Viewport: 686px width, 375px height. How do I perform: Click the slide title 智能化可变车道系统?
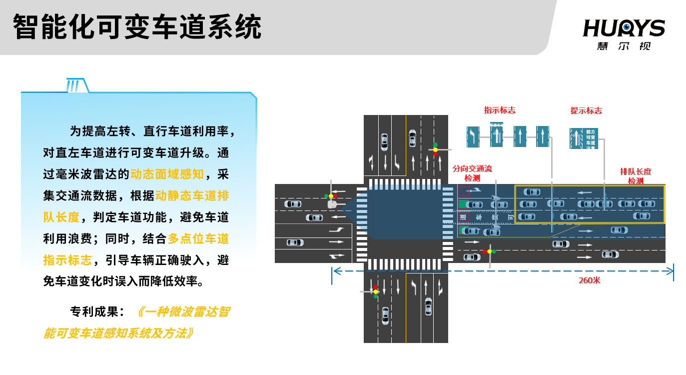pos(137,27)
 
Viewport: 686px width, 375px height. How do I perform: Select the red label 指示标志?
pos(499,110)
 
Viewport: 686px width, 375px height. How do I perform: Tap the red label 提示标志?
pos(586,110)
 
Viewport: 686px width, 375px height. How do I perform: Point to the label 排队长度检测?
pos(636,176)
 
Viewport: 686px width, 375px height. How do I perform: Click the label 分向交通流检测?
pos(472,173)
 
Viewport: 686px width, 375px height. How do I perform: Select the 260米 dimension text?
pos(590,280)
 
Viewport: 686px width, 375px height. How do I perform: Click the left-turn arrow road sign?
pos(473,136)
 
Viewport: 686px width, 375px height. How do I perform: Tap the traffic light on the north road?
pos(435,149)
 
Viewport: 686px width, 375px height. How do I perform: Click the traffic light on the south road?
pos(375,291)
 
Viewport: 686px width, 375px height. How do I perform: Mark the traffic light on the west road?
pos(330,196)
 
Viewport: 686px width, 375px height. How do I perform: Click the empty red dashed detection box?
pos(464,190)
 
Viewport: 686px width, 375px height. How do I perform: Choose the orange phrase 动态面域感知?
pos(167,174)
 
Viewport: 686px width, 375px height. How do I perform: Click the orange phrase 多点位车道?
pos(198,238)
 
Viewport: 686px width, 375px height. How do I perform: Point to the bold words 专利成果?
pos(96,311)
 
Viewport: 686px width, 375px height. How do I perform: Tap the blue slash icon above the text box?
pos(73,86)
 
